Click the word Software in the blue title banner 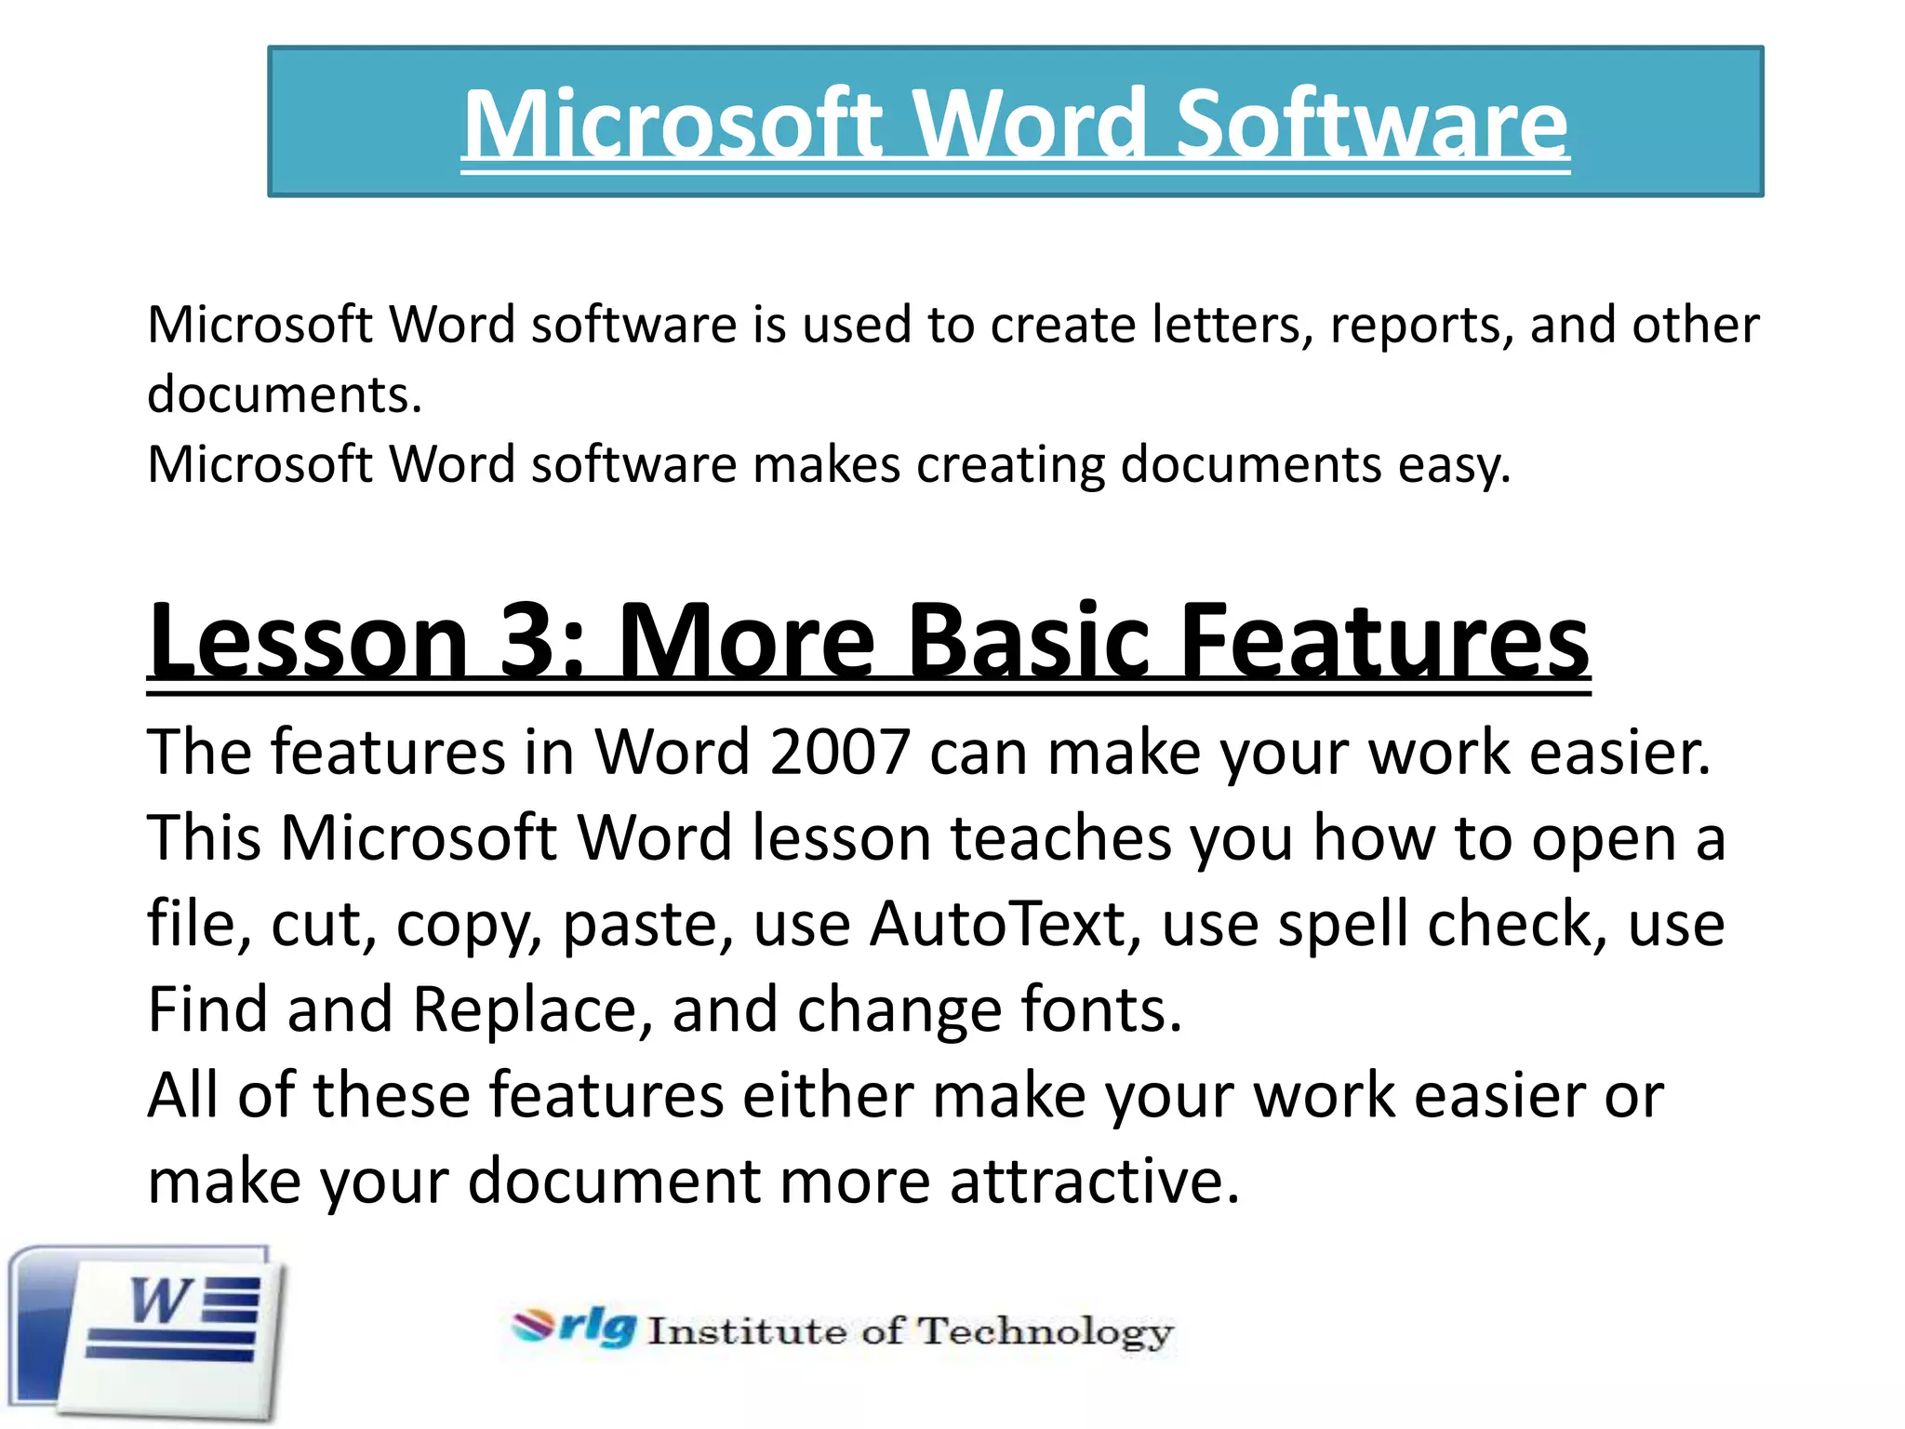tap(1372, 125)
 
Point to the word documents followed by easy tap(1251, 465)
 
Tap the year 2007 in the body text tap(839, 752)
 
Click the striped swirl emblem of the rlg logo tap(534, 1325)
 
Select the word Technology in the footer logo tap(1046, 1332)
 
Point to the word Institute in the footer tap(748, 1331)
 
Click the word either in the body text tap(827, 1096)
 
